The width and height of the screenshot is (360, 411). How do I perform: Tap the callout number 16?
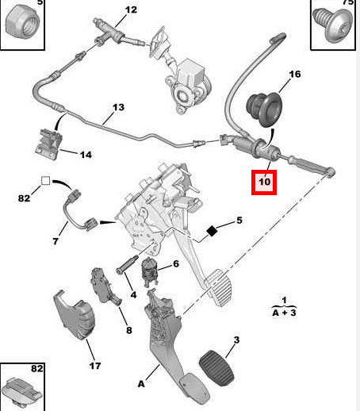(295, 75)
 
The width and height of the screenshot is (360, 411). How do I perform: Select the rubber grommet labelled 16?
(261, 106)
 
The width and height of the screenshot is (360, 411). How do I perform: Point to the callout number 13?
(118, 108)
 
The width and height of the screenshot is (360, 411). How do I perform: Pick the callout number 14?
(85, 155)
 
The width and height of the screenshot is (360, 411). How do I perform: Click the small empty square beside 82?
(45, 181)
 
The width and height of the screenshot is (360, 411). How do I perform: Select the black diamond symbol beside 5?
(213, 232)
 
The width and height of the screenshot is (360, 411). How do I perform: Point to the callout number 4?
(133, 296)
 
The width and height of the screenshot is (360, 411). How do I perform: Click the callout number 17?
(95, 366)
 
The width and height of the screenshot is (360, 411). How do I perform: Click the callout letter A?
(141, 384)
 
